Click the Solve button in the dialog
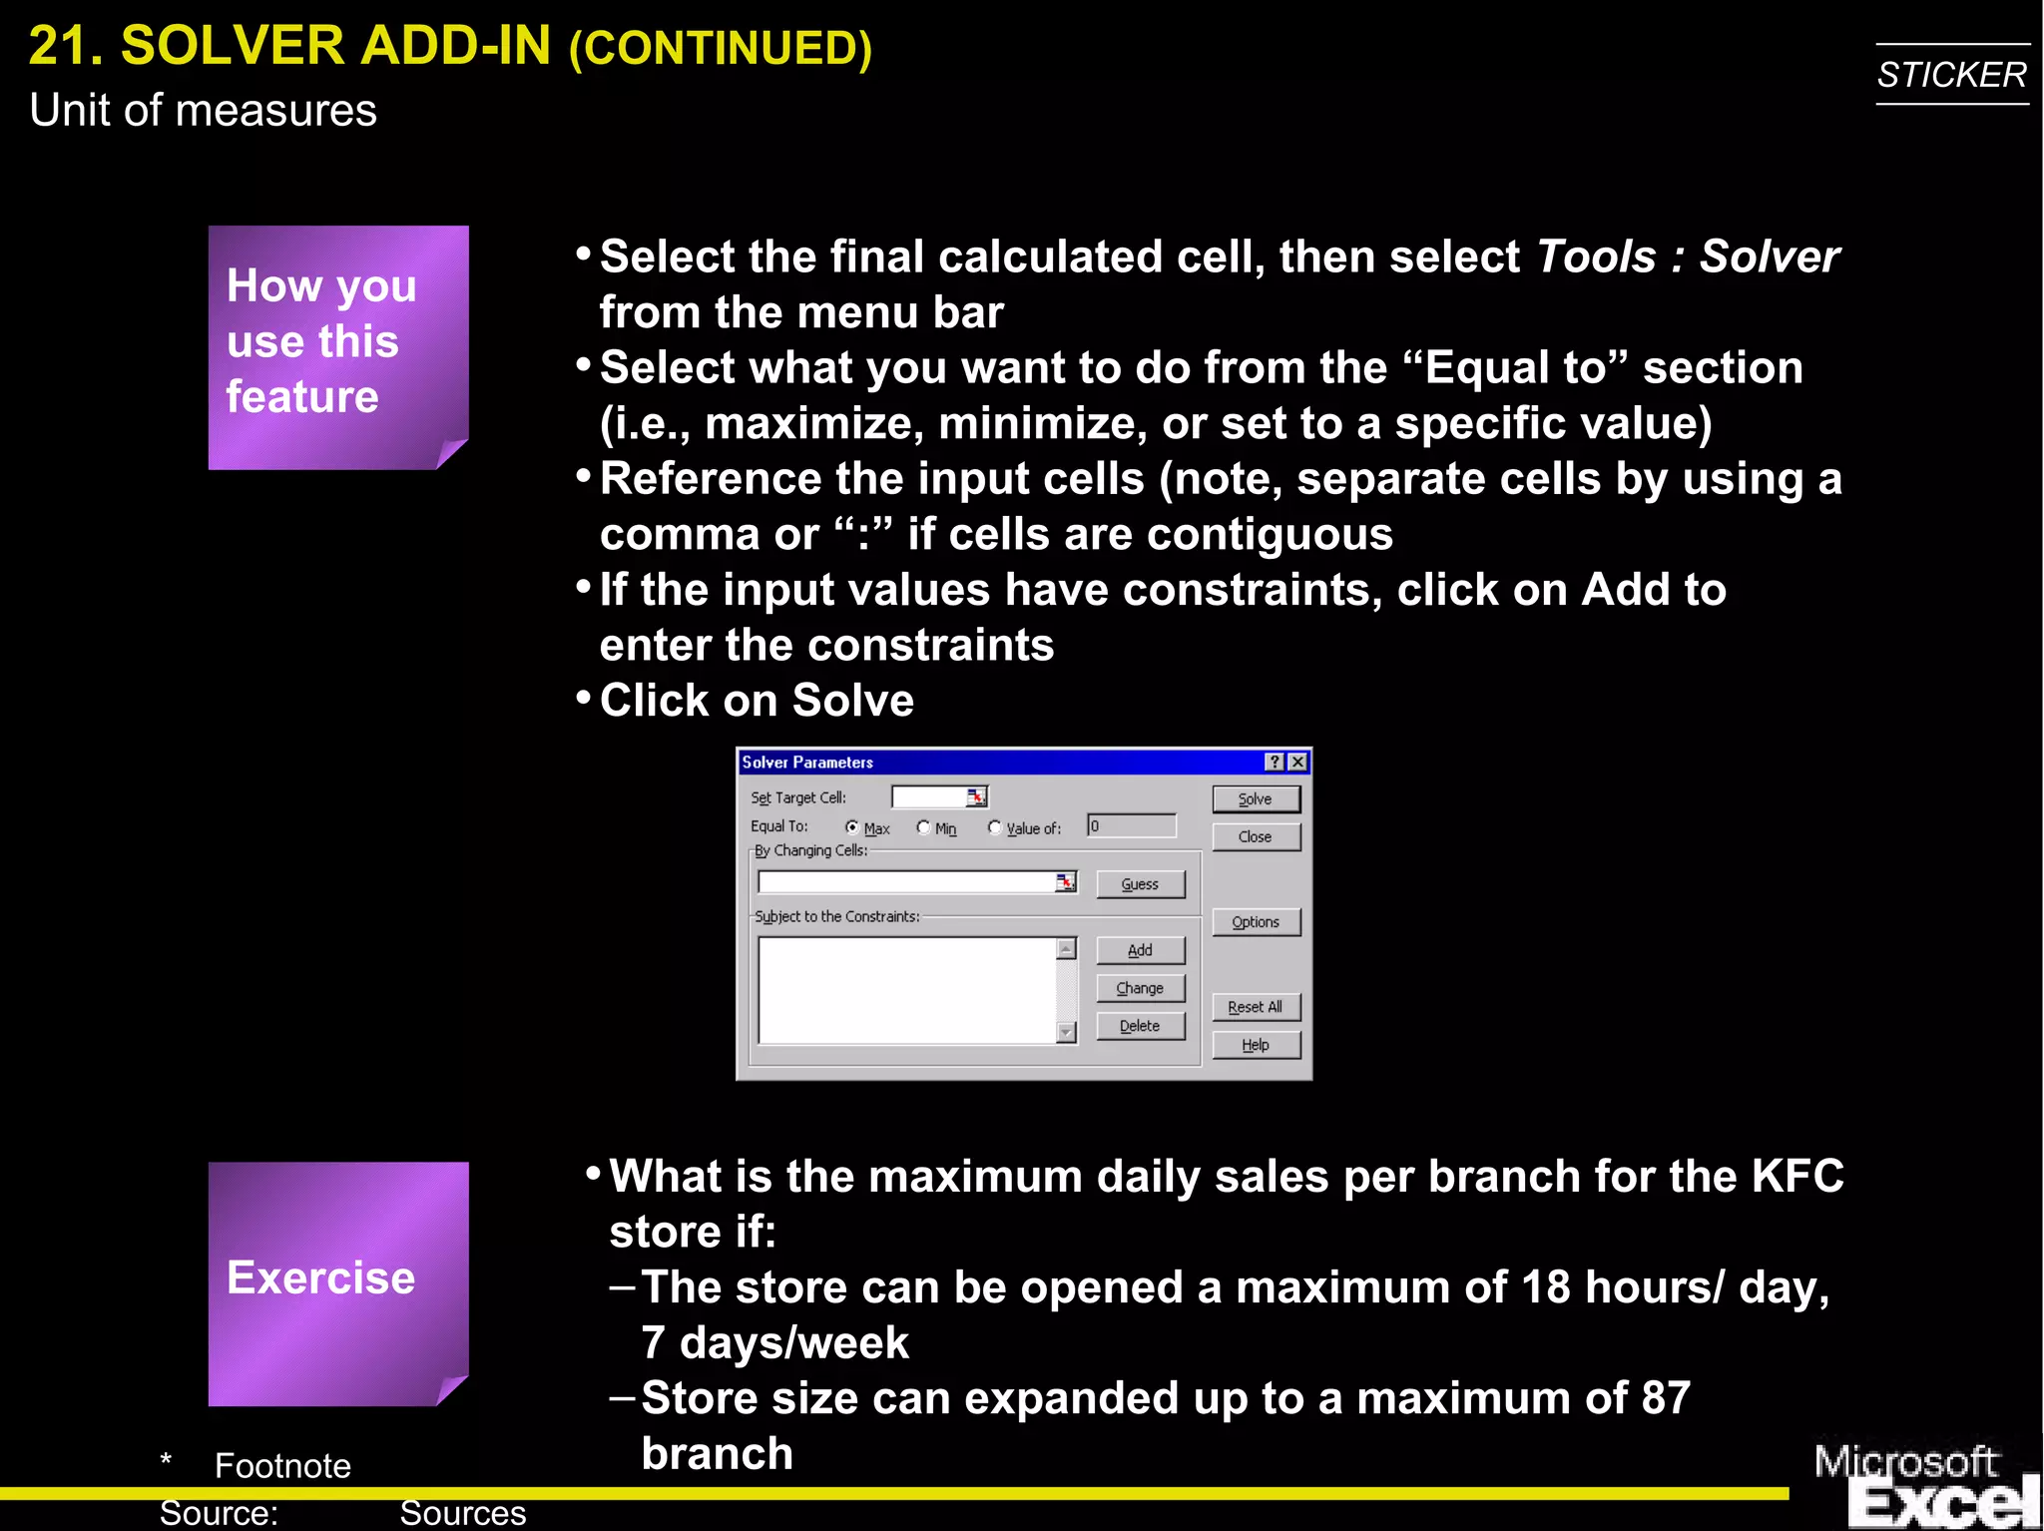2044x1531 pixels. point(1256,798)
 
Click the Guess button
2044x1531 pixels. point(1140,884)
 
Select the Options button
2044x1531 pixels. point(1256,922)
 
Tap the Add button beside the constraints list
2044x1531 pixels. point(1140,950)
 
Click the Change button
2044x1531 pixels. point(1140,988)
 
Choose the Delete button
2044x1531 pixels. point(1140,1026)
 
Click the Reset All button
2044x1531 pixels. point(1256,1007)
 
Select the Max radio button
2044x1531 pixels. point(852,827)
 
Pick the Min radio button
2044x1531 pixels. point(923,827)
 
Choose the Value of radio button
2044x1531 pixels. point(994,827)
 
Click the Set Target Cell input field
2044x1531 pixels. point(928,796)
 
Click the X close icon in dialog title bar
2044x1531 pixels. point(1297,763)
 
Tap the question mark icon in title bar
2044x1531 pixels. point(1275,763)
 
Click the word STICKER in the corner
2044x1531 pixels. point(1951,75)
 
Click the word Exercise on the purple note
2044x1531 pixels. point(320,1277)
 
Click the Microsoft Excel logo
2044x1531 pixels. point(1924,1485)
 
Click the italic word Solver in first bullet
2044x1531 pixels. point(1770,257)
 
